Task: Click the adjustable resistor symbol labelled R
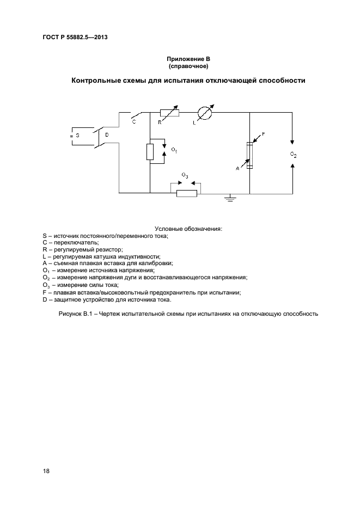[169, 113]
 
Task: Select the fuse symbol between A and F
[249, 155]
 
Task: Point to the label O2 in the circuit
[293, 155]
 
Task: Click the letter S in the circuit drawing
[77, 135]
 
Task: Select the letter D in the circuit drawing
[107, 134]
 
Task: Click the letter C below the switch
[134, 123]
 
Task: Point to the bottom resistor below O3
[186, 193]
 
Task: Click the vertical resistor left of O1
[150, 152]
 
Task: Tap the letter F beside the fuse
[263, 133]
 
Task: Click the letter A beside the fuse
[237, 169]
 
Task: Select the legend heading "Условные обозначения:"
[188, 229]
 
